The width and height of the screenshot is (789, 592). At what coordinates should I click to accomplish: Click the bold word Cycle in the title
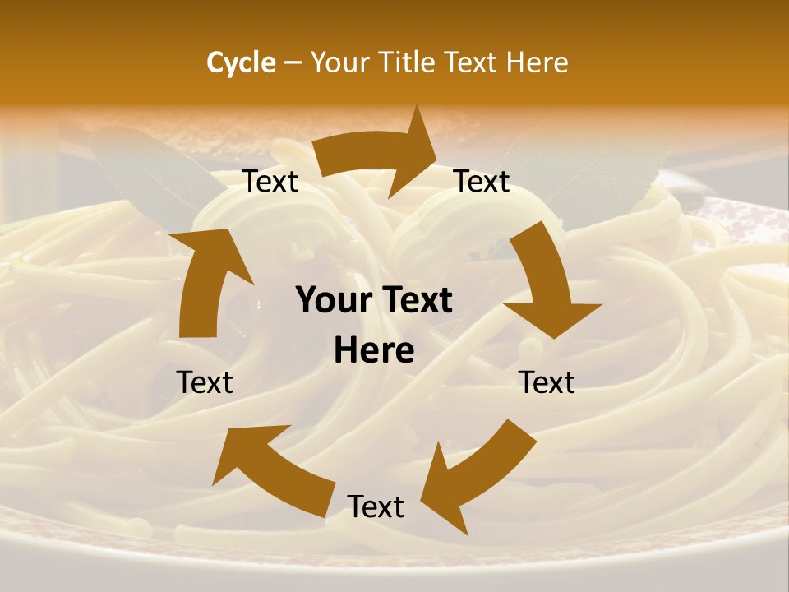coord(241,62)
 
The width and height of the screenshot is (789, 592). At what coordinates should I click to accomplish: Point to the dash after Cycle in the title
coord(293,63)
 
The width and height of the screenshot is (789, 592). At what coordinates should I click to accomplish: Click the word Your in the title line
coord(339,62)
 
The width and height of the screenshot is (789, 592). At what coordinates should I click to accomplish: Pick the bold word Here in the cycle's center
coord(374,351)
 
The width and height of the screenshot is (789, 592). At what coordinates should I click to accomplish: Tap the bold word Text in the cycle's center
coord(414,301)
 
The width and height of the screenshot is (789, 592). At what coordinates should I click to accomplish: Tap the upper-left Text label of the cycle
coord(270,182)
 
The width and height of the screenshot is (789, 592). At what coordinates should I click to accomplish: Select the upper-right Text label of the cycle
coord(482,182)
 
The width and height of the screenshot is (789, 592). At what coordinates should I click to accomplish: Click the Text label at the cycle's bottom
coord(376,507)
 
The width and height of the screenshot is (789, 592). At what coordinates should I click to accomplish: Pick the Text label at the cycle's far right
coord(547,382)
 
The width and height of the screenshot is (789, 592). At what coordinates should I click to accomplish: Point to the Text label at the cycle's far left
coord(205,382)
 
